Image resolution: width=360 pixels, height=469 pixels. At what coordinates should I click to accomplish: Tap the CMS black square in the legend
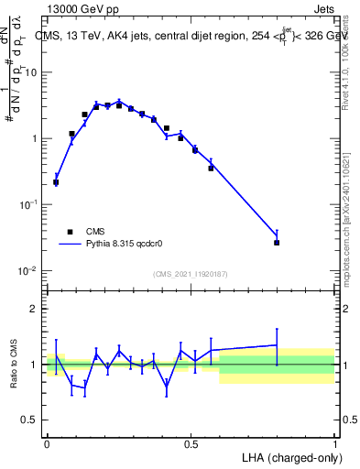70,232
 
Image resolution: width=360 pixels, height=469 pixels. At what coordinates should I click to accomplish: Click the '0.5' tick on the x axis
191,443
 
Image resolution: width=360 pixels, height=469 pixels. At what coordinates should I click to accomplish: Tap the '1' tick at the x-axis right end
334,443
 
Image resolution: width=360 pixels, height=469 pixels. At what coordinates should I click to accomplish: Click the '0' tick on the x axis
47,443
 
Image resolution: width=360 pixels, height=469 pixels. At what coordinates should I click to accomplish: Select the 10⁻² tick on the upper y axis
31,271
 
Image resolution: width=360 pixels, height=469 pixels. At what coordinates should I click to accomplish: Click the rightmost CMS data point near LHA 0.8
277,243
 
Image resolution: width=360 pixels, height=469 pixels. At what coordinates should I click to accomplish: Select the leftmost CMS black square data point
56,182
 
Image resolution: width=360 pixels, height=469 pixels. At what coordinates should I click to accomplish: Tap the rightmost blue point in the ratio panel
277,345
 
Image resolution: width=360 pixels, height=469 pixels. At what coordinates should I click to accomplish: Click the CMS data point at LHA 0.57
211,168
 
